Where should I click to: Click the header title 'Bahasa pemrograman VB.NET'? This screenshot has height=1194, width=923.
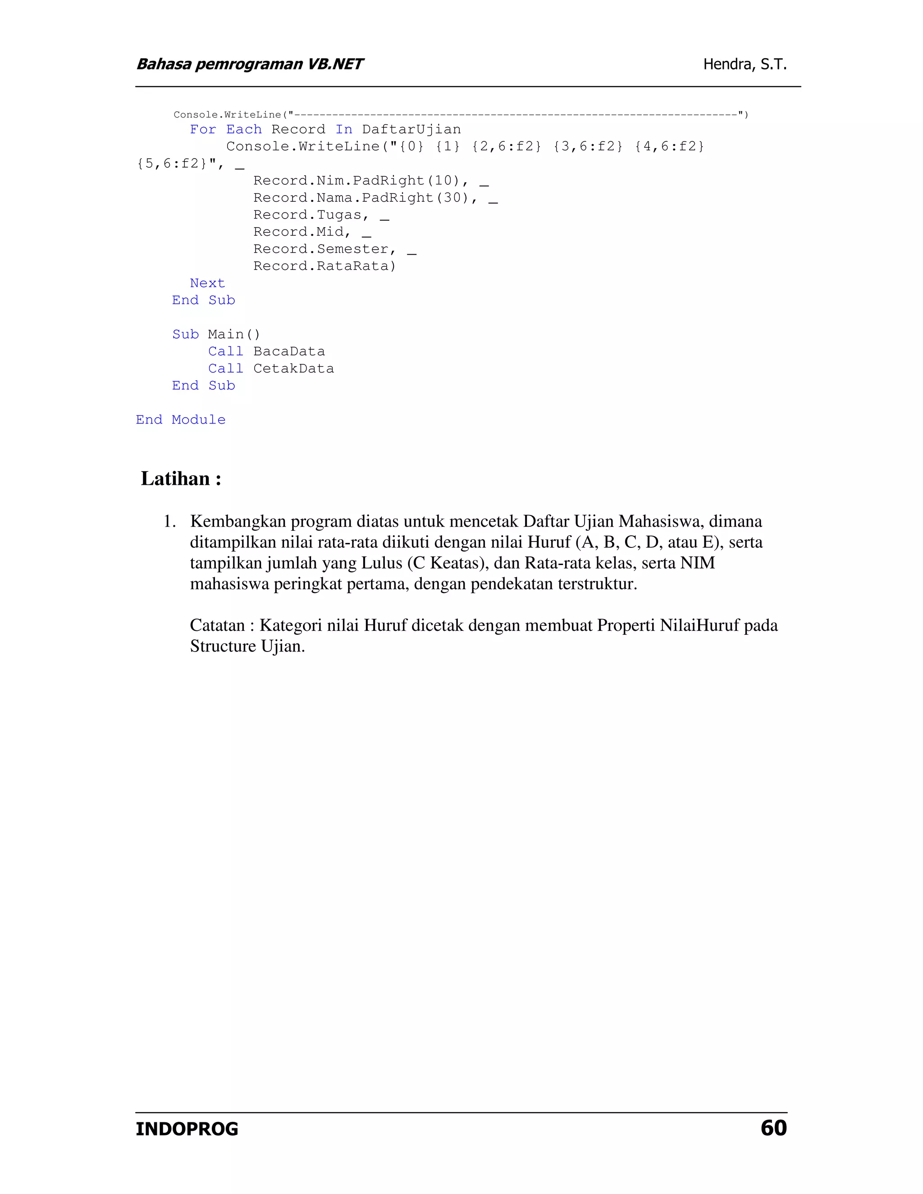(249, 64)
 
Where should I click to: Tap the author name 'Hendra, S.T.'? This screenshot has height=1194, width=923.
(745, 64)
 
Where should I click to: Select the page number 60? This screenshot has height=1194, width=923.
(773, 1127)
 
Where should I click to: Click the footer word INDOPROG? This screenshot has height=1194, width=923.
(187, 1129)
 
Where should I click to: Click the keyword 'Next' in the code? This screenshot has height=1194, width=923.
(207, 283)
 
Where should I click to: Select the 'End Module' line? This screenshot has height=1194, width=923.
(180, 420)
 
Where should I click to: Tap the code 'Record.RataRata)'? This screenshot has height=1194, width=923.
(324, 266)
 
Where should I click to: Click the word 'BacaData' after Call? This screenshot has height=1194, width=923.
(289, 351)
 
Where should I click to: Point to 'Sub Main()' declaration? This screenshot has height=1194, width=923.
(216, 335)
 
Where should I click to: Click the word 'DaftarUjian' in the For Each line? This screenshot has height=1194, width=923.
(411, 130)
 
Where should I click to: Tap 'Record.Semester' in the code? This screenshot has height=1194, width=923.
(321, 249)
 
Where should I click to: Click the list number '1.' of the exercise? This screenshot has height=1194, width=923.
(169, 522)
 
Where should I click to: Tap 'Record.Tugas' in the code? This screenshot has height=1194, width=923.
(307, 215)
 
